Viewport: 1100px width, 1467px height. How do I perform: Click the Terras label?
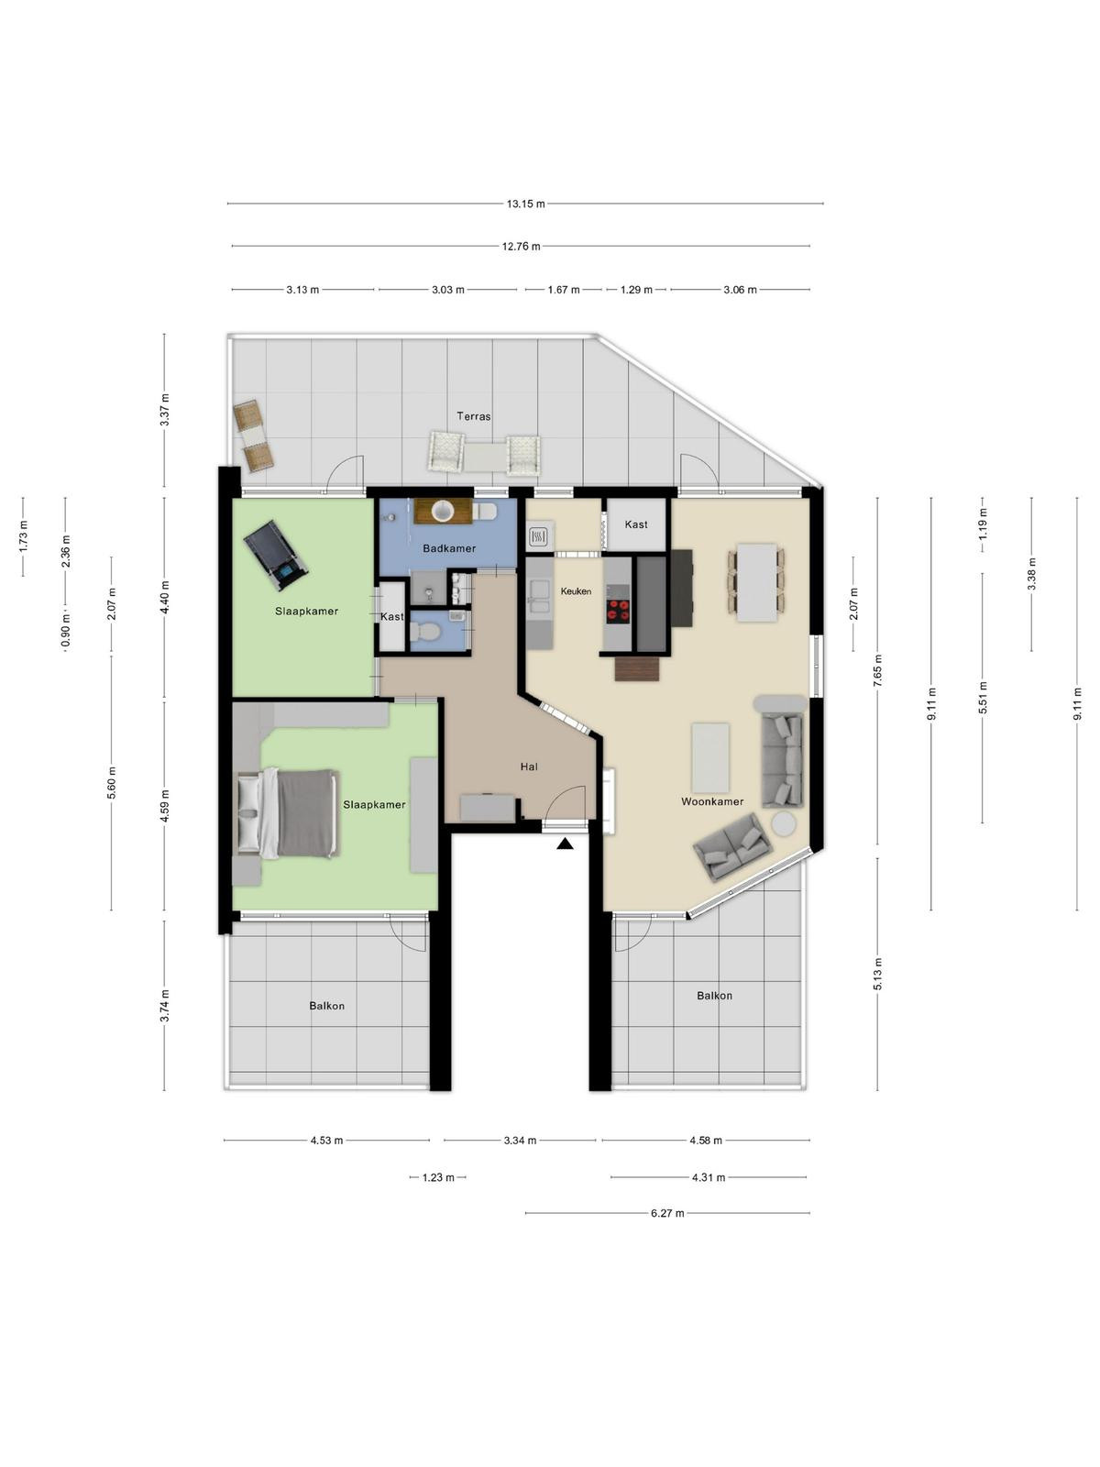tap(474, 416)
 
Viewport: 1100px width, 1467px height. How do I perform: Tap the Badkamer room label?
tap(449, 548)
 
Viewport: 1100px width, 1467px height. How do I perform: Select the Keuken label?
tap(576, 591)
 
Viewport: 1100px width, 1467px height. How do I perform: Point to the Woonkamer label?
tap(712, 801)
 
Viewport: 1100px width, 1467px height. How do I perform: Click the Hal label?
tap(529, 767)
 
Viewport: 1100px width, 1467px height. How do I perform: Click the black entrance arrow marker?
tap(565, 844)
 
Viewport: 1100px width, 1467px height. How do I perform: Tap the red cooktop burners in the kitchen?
tap(618, 610)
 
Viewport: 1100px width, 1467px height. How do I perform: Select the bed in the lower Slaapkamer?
tap(289, 813)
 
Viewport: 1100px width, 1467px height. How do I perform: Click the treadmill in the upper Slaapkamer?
tap(275, 556)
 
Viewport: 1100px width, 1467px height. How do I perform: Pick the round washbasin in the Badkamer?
tap(443, 512)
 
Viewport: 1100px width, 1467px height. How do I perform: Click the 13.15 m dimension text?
tap(525, 204)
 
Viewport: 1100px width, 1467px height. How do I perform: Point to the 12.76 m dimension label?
tap(521, 247)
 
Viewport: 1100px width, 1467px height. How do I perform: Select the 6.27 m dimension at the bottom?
tap(667, 1213)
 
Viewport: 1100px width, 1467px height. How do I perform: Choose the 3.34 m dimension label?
tap(521, 1141)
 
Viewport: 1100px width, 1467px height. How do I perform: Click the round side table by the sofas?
tap(784, 823)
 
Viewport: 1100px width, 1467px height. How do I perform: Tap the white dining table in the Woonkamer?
tap(757, 583)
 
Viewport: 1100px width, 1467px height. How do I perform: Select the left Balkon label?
tap(326, 1006)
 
